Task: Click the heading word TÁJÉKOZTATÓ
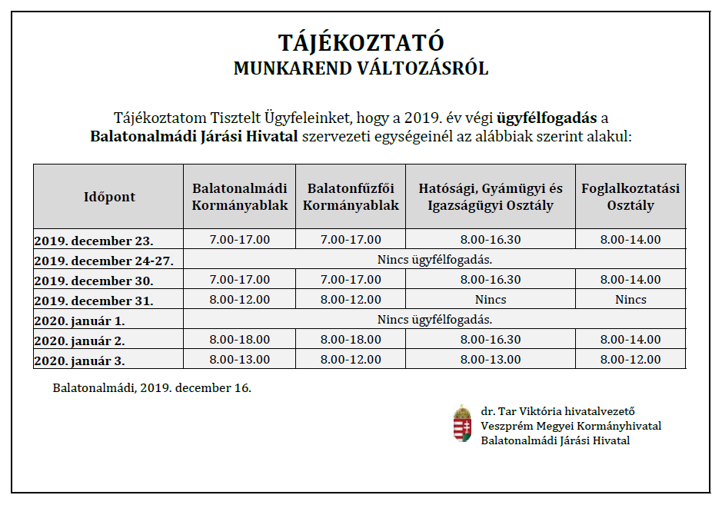(x=361, y=42)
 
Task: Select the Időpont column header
(x=109, y=197)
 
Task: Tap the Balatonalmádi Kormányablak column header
(x=240, y=197)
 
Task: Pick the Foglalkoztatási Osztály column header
(x=631, y=197)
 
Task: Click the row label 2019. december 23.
(x=94, y=240)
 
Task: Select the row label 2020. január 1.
(x=80, y=320)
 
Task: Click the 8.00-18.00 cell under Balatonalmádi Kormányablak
(x=240, y=340)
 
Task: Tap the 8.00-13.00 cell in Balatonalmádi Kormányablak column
(x=240, y=360)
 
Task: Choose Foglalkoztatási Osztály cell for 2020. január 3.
(x=631, y=360)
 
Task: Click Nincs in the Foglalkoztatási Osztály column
(x=631, y=300)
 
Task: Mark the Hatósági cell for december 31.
(x=491, y=300)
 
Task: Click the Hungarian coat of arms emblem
(x=462, y=424)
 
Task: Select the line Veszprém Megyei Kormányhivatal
(x=571, y=426)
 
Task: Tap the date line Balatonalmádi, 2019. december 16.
(x=152, y=387)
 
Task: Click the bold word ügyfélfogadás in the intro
(x=547, y=118)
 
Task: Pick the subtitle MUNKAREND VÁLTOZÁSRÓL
(x=361, y=68)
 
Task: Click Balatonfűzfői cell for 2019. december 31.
(x=351, y=300)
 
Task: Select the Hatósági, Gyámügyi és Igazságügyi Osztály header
(x=491, y=197)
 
